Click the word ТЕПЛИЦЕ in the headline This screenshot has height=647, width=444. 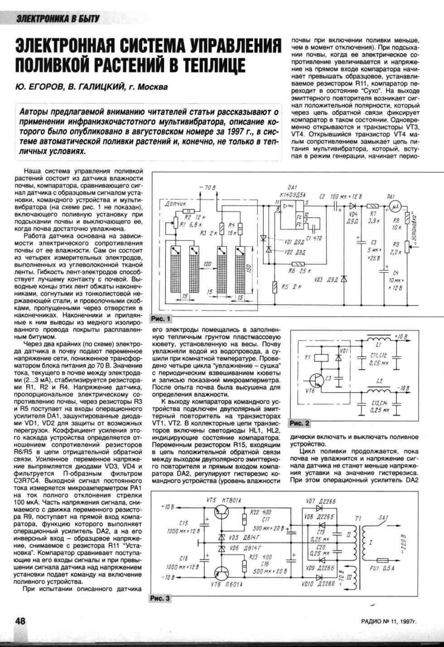[208, 64]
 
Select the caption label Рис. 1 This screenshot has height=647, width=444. [161, 319]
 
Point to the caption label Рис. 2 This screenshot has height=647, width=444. [299, 423]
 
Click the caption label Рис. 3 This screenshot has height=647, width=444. [160, 598]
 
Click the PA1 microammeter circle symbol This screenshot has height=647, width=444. [396, 207]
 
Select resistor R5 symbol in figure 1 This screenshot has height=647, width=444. [275, 287]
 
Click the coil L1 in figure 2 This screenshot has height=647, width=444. [379, 339]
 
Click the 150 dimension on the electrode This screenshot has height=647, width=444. [249, 268]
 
